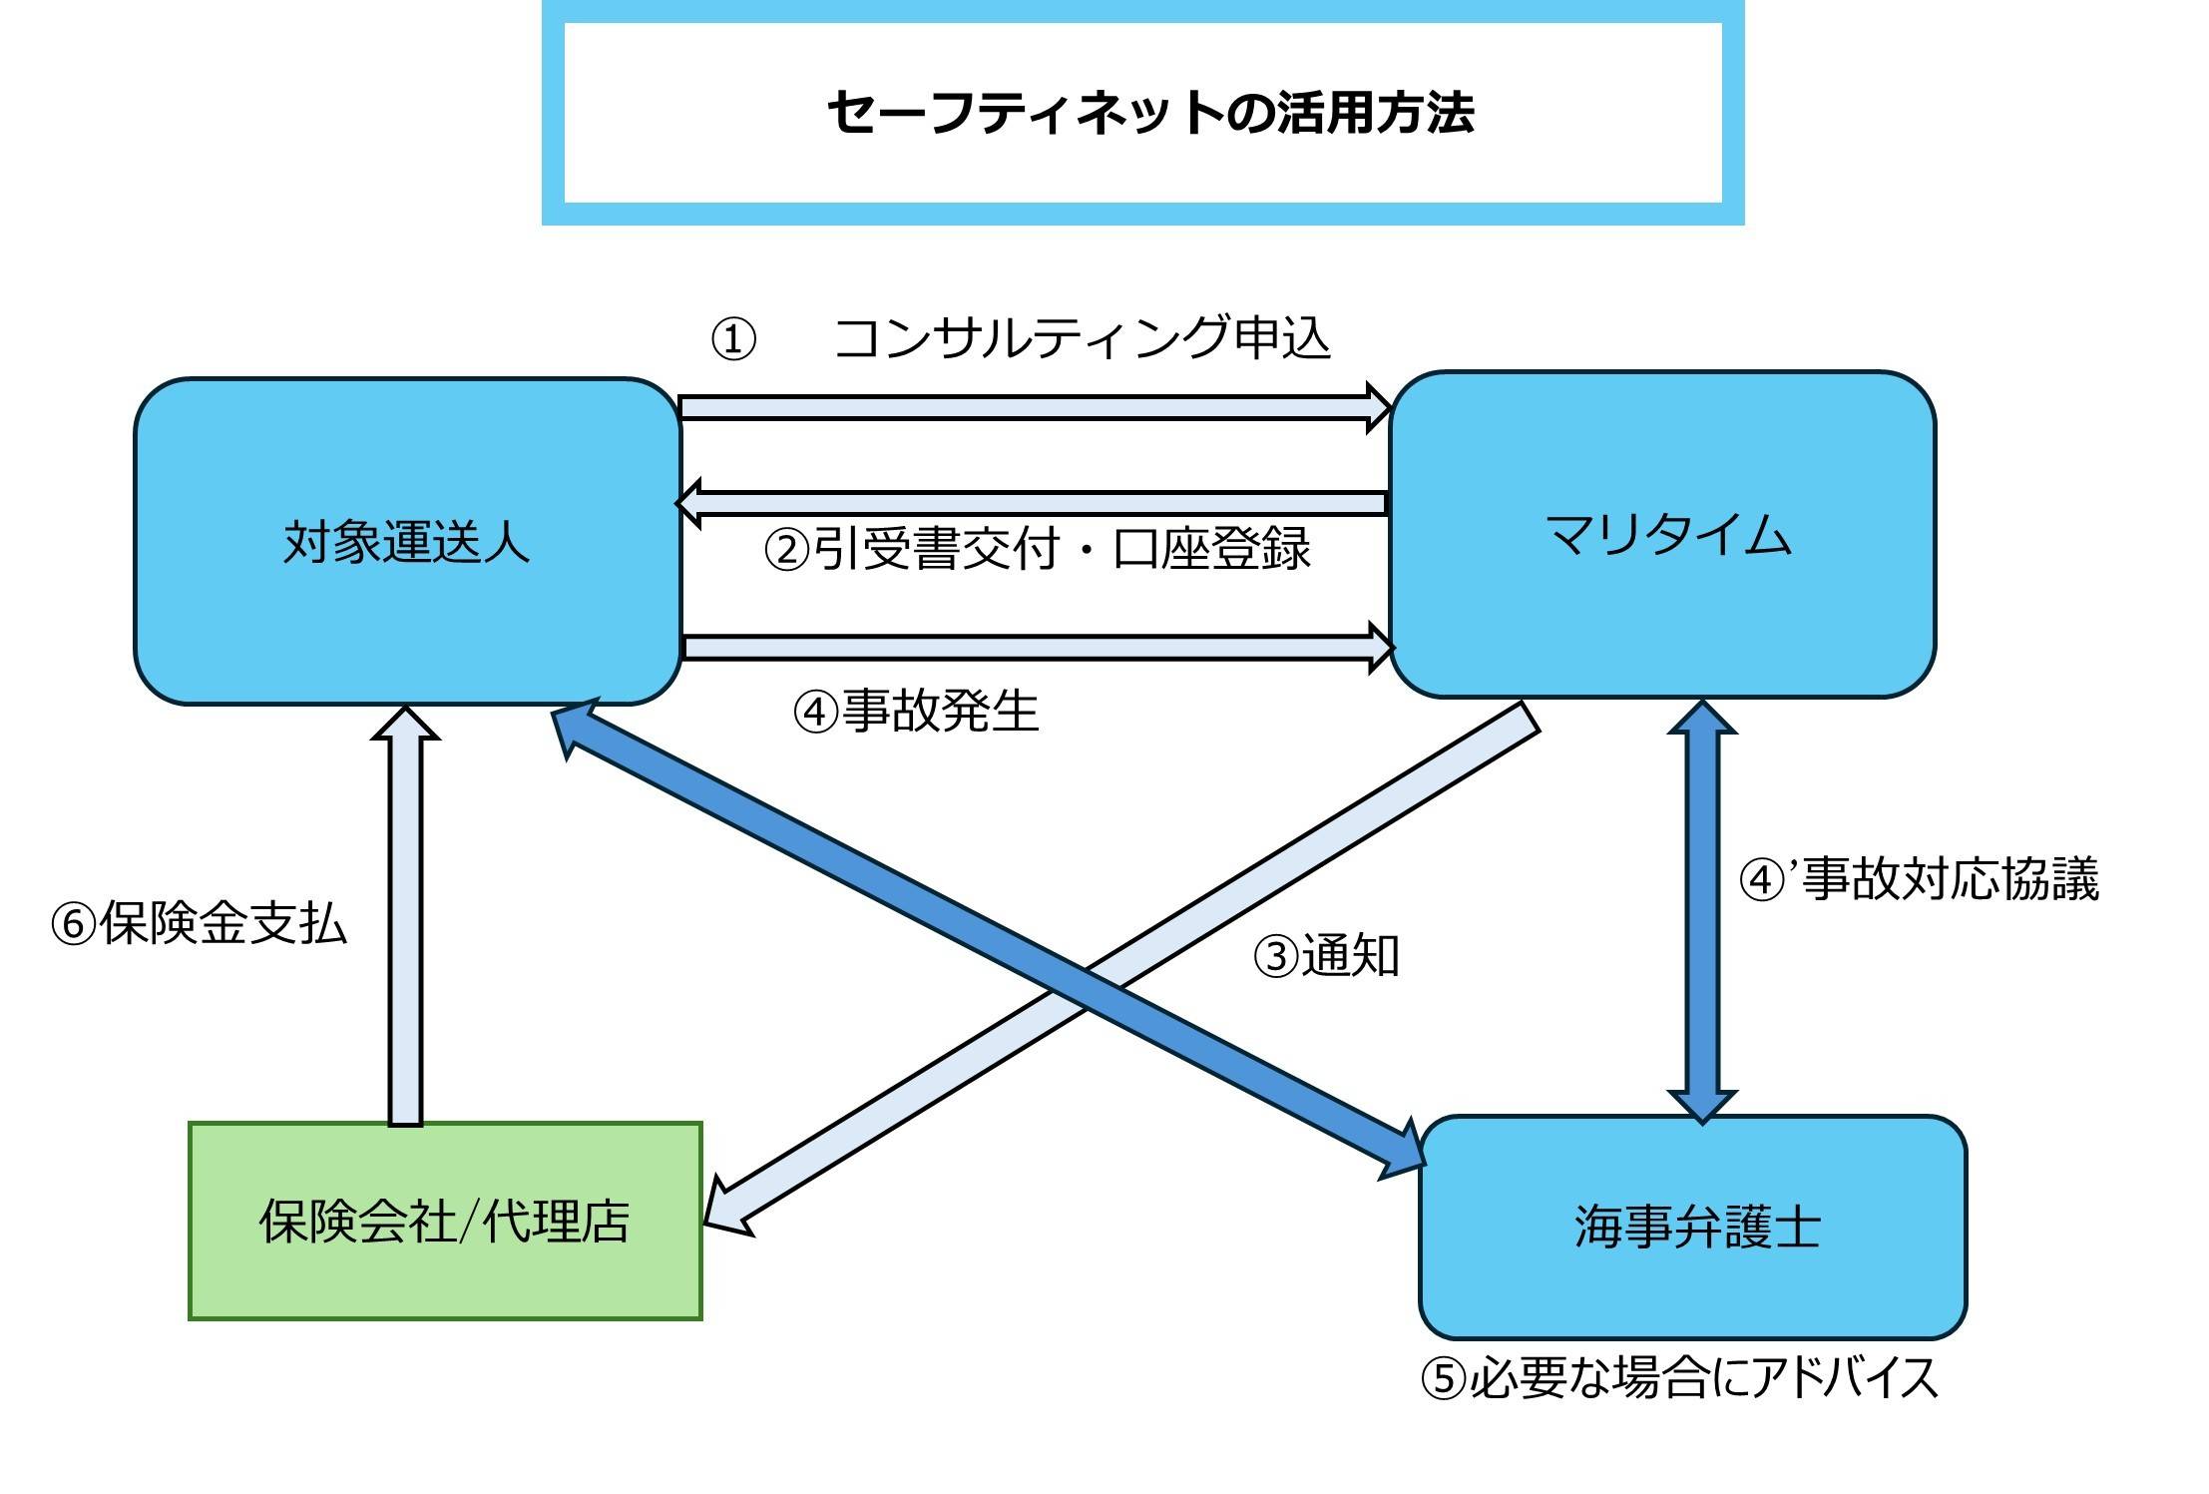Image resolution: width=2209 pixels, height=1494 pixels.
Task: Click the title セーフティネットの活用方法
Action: (1149, 113)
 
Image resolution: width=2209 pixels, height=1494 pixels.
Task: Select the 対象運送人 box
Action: (407, 541)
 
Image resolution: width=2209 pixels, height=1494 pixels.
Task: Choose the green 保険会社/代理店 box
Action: (445, 1221)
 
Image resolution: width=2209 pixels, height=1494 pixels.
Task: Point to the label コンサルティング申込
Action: (1083, 338)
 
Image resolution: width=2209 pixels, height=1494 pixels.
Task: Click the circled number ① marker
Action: (732, 340)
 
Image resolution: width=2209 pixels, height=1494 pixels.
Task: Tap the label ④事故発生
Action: (916, 712)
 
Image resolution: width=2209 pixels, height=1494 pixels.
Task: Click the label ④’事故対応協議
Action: (1919, 879)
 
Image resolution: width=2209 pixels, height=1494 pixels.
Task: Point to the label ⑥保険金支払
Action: (199, 923)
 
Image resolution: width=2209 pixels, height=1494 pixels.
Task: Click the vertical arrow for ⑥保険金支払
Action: (405, 918)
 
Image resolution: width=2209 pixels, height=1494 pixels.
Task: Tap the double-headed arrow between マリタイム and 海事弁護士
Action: (1702, 910)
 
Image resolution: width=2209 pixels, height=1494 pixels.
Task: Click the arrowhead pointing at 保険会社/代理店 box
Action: (726, 1211)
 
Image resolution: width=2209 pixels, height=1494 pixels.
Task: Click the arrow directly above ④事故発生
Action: (1038, 648)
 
